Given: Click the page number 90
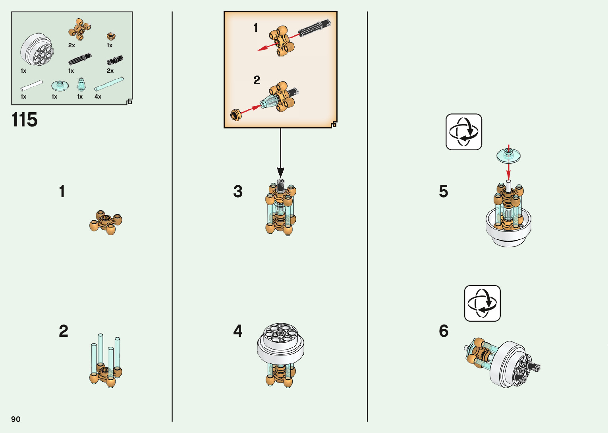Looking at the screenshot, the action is pyautogui.click(x=16, y=419).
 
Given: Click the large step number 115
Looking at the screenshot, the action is pyautogui.click(x=25, y=120).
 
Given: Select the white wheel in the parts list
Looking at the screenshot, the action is pyautogui.click(x=37, y=49).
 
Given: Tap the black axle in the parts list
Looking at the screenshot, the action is pyautogui.click(x=79, y=59).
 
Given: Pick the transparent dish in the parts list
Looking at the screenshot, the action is pyautogui.click(x=60, y=86).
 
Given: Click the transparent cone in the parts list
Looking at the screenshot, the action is pyautogui.click(x=81, y=85).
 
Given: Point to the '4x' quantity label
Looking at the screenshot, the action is pyautogui.click(x=98, y=97).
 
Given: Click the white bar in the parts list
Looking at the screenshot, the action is pyautogui.click(x=32, y=85).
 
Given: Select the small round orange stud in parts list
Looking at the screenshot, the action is pyautogui.click(x=111, y=36).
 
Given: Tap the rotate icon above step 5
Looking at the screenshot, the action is pyautogui.click(x=463, y=132).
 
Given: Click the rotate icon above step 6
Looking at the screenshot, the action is pyautogui.click(x=483, y=303).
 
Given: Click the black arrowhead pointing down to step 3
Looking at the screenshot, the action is pyautogui.click(x=280, y=172).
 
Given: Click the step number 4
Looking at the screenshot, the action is pyautogui.click(x=238, y=331).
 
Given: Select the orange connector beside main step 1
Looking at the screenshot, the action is pyautogui.click(x=106, y=222).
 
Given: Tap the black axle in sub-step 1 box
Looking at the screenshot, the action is pyautogui.click(x=314, y=28).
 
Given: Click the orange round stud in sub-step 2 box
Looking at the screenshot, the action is pyautogui.click(x=236, y=115).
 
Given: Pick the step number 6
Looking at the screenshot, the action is pyautogui.click(x=444, y=331).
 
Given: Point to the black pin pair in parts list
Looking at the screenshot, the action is pyautogui.click(x=115, y=60).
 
